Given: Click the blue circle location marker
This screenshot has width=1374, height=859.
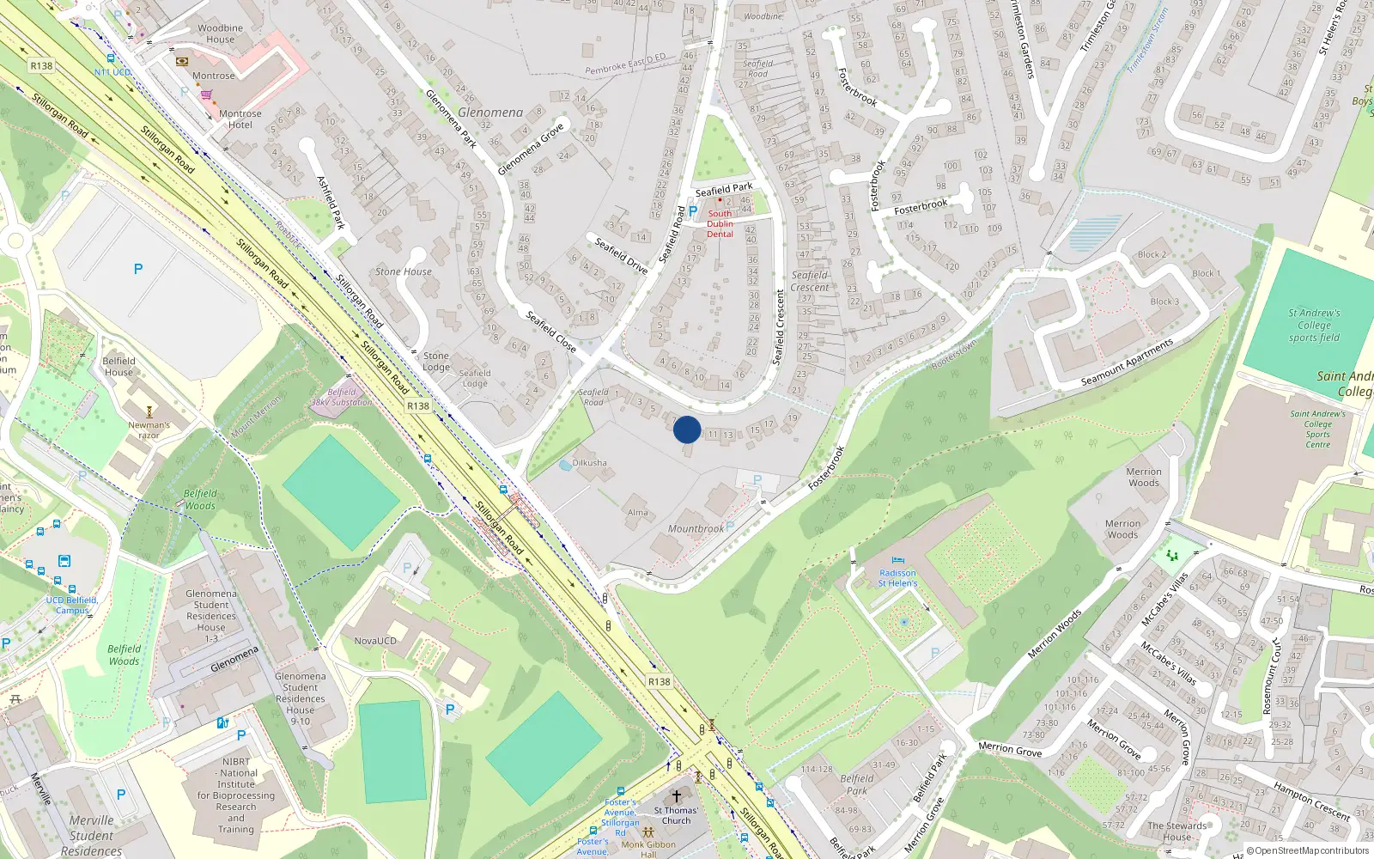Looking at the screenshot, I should (x=687, y=429).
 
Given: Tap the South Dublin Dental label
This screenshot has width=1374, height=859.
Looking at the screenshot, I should (x=720, y=223).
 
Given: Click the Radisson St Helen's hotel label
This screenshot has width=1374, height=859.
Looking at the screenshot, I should (x=897, y=578).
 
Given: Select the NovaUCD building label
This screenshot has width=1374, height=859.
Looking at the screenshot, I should (x=375, y=641).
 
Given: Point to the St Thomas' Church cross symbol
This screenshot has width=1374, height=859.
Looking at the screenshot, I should (x=676, y=796).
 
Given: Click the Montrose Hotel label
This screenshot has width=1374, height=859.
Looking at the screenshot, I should (x=240, y=119).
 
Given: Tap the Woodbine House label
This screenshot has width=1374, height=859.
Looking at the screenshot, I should (x=220, y=34).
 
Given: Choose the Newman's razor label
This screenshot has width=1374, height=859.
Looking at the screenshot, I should (x=149, y=429).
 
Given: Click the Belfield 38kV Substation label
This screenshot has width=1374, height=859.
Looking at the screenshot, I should (x=341, y=397).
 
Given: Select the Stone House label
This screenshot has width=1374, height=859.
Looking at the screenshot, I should (x=403, y=271).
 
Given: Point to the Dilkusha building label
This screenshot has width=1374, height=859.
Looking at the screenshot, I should (x=589, y=462).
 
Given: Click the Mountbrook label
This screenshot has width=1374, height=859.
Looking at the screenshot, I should (x=696, y=529).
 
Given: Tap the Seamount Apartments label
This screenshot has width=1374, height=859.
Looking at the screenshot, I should (x=1127, y=362).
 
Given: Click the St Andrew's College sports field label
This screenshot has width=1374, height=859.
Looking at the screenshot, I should (x=1314, y=326).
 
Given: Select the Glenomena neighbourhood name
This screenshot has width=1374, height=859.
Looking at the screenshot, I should (x=490, y=113).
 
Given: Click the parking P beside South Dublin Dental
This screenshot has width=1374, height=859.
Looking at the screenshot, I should (x=693, y=210).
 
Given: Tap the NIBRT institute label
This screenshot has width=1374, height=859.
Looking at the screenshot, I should (x=236, y=795).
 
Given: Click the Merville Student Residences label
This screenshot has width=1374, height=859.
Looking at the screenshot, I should (x=91, y=835).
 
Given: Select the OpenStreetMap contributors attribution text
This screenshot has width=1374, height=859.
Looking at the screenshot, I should (x=1307, y=850).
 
